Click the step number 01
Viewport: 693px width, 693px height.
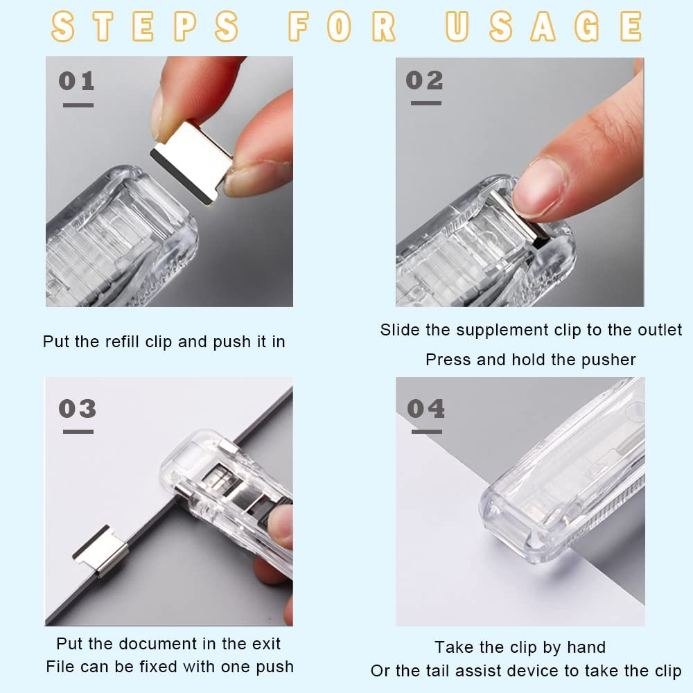point(76,81)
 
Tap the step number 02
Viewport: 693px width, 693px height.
point(424,80)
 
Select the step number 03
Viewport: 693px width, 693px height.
point(77,408)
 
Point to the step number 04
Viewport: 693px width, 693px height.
point(426,409)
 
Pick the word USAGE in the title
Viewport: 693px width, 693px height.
point(544,26)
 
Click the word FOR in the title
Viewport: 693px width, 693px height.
point(342,26)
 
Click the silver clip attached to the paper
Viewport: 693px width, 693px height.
point(100,550)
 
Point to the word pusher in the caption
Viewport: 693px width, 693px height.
point(610,360)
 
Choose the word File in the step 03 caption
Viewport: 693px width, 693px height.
point(60,667)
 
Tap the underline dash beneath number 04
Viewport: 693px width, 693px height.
point(426,432)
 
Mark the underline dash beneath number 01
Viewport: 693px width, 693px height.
point(78,105)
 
